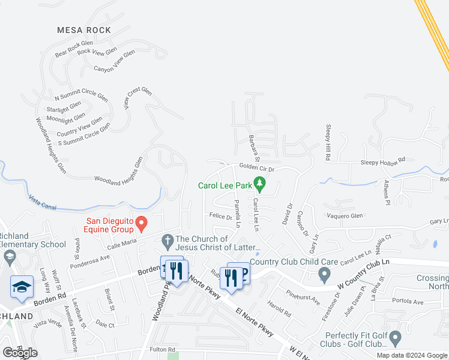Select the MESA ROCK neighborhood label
pyautogui.click(x=84, y=30)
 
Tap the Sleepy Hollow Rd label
pyautogui.click(x=383, y=161)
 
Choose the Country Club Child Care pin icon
pyautogui.click(x=325, y=275)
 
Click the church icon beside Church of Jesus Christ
pyautogui.click(x=167, y=243)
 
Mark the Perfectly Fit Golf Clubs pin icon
pyautogui.click(x=395, y=340)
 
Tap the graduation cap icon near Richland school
pyautogui.click(x=22, y=287)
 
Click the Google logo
pyautogui.click(x=20, y=353)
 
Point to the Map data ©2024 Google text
pyautogui.click(x=411, y=355)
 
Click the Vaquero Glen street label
pyautogui.click(x=345, y=216)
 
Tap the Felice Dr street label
pyautogui.click(x=220, y=217)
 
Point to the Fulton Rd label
pyautogui.click(x=163, y=349)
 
